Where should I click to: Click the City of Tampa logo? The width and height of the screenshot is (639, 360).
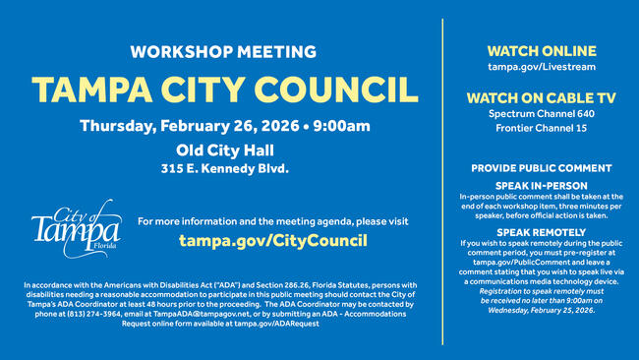click(x=76, y=233)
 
